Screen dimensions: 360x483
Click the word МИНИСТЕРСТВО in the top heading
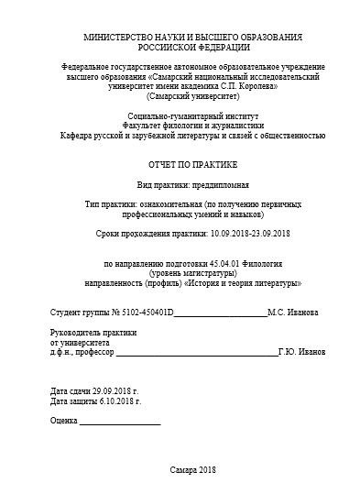click(x=117, y=37)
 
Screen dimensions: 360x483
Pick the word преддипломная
click(x=224, y=184)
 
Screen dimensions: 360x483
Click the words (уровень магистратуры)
click(x=192, y=274)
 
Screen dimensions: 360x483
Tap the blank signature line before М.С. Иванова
click(x=220, y=315)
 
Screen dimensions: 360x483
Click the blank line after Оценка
click(x=120, y=423)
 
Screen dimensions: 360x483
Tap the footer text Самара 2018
click(x=191, y=469)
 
